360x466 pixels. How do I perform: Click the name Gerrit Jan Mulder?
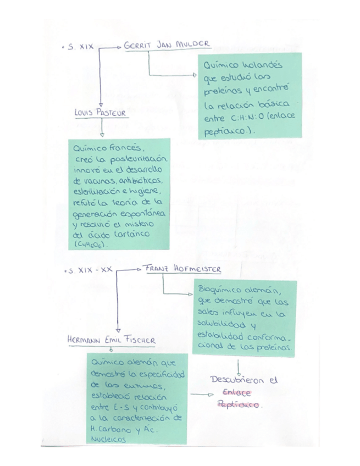(x=167, y=45)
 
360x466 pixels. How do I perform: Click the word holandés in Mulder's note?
(x=258, y=65)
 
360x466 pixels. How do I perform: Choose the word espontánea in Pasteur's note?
(x=148, y=212)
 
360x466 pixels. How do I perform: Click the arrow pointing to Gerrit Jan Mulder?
(x=112, y=47)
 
